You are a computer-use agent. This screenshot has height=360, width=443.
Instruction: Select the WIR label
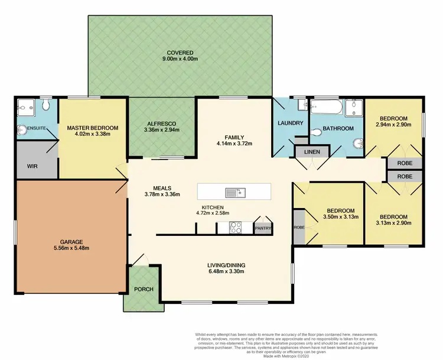pos(32,167)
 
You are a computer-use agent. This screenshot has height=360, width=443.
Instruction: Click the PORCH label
pos(144,289)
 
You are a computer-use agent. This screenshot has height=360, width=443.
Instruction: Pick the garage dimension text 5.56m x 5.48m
pos(70,248)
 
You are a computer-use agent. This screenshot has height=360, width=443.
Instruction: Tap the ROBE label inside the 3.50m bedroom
pos(298,227)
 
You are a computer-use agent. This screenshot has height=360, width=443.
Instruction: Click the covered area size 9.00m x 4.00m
pos(180,59)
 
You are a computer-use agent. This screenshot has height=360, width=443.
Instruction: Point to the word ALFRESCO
pos(161,124)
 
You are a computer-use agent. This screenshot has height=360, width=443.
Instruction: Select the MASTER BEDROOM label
pos(93,128)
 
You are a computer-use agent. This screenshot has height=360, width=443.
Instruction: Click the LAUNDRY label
pos(290,123)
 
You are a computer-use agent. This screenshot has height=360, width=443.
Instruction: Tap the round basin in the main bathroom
pos(358,142)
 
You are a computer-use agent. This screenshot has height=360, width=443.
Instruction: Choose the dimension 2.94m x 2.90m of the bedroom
pos(393,125)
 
